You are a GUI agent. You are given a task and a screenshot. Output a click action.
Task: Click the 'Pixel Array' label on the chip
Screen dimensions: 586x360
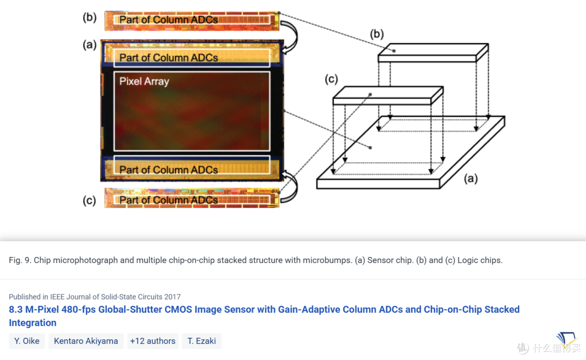point(144,81)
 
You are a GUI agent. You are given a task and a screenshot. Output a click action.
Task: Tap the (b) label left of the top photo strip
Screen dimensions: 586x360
point(90,17)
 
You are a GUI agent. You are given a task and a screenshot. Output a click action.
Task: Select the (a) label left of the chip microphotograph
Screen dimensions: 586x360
point(90,45)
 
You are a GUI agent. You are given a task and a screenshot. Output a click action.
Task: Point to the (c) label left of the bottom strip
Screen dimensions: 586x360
point(90,201)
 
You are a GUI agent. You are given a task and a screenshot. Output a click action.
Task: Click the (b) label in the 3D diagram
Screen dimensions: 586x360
point(377,34)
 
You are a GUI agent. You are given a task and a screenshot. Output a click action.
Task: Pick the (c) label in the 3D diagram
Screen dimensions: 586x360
point(331,79)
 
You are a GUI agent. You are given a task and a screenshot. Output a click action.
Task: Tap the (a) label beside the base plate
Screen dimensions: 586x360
point(471,178)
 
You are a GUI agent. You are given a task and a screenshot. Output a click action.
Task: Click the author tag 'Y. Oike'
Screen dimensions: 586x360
point(27,341)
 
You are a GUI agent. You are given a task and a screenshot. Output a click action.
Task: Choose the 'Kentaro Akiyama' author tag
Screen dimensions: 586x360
point(86,341)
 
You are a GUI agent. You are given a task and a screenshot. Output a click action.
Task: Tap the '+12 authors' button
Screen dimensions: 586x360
point(153,341)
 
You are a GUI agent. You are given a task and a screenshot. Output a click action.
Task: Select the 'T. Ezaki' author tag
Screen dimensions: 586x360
point(202,341)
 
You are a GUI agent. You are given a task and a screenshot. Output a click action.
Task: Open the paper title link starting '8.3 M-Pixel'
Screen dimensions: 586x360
point(264,316)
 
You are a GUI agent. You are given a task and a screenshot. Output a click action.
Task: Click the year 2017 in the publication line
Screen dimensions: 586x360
point(173,297)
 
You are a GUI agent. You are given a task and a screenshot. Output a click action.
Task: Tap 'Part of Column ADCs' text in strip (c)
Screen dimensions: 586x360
point(169,200)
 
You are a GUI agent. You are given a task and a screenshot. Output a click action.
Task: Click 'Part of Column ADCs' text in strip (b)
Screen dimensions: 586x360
point(169,20)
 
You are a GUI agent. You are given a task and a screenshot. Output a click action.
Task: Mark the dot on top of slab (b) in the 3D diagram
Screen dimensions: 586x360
point(394,51)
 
